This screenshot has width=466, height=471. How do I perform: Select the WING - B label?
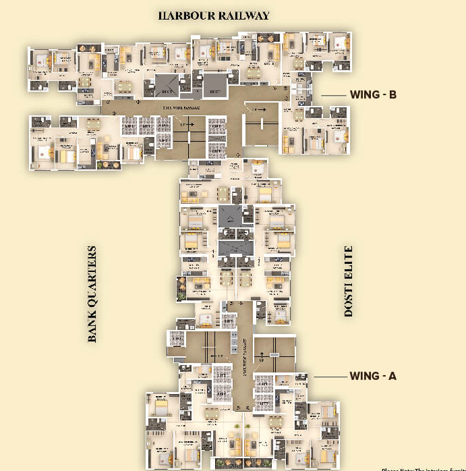tap(373, 95)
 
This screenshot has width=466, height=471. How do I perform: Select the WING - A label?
tap(373, 376)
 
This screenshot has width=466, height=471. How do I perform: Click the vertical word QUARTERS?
tap(92, 274)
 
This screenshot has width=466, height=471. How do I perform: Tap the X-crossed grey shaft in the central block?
tap(229, 217)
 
